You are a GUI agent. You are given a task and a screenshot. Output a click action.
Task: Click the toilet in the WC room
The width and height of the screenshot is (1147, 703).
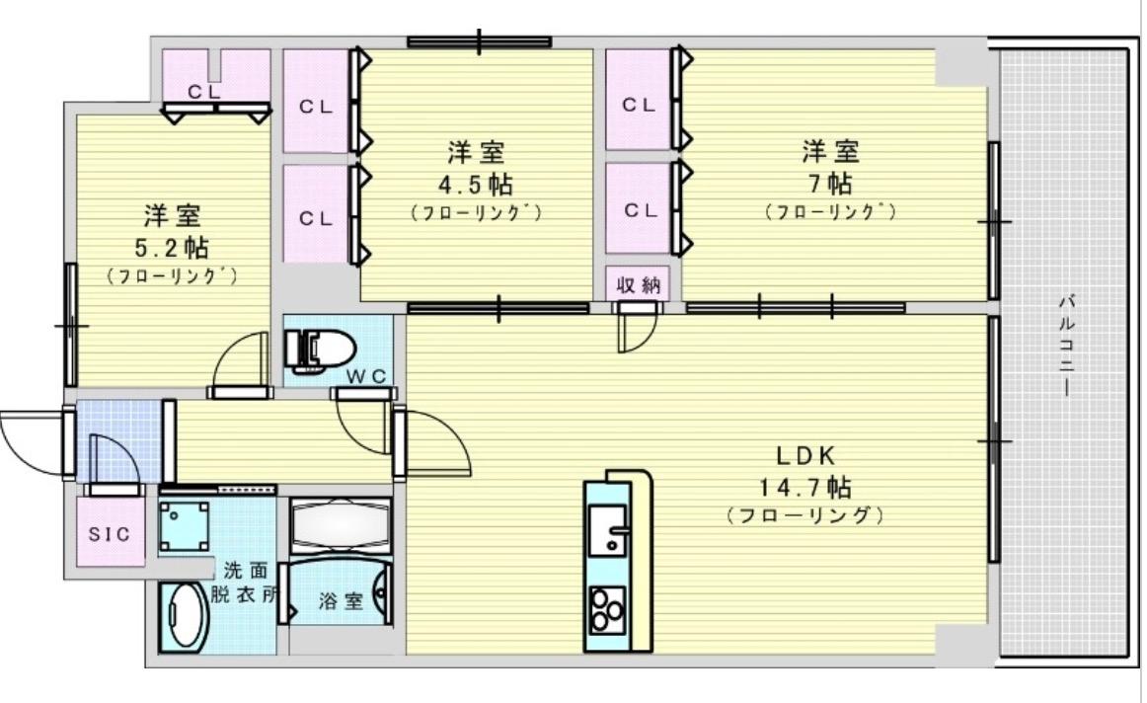point(318,349)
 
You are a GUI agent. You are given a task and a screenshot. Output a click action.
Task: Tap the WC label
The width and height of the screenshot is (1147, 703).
point(370,374)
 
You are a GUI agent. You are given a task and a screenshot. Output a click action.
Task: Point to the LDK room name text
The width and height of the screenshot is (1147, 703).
point(805,456)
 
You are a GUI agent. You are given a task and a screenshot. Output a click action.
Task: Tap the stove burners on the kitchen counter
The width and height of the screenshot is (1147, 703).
point(606,609)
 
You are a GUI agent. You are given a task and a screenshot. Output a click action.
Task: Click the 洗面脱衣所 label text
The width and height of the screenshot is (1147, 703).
point(245,583)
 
